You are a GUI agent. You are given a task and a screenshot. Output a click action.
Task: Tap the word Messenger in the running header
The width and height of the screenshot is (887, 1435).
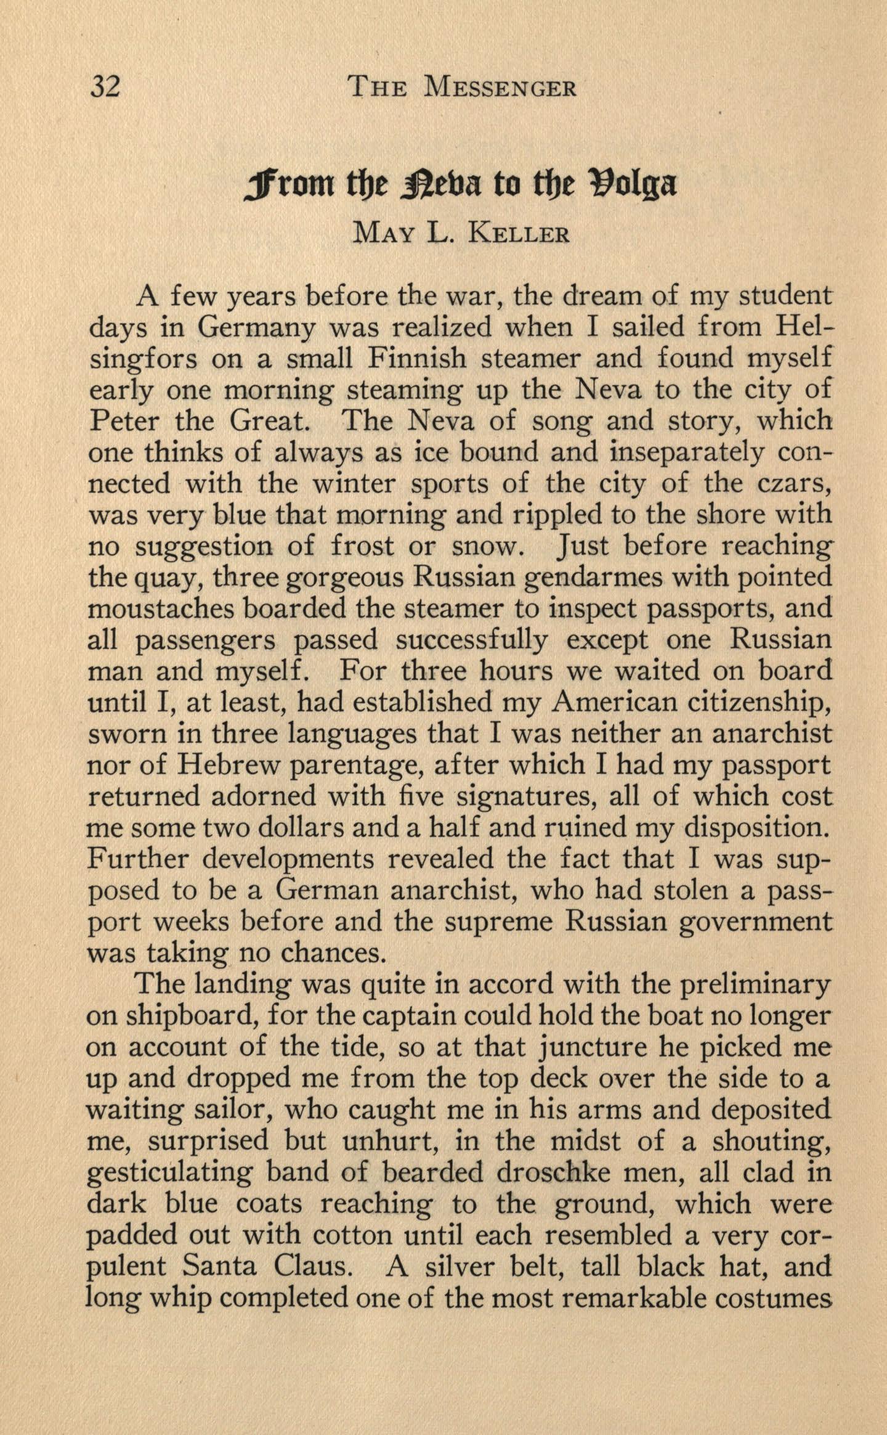pyautogui.click(x=500, y=88)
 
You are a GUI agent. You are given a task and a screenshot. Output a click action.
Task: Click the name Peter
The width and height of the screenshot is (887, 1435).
pyautogui.click(x=122, y=421)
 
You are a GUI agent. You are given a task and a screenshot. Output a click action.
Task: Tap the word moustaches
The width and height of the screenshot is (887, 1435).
pyautogui.click(x=160, y=609)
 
